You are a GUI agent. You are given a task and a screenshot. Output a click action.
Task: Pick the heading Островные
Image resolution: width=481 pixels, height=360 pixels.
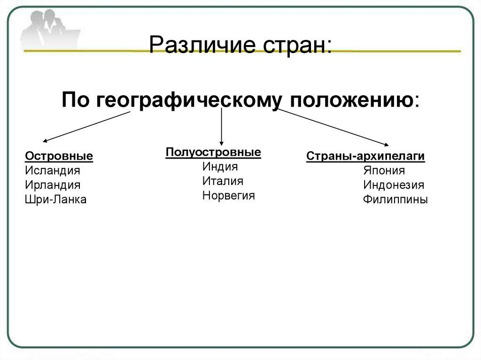click(x=59, y=156)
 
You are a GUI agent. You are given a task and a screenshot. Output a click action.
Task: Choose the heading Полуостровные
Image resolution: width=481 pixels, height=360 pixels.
click(x=213, y=153)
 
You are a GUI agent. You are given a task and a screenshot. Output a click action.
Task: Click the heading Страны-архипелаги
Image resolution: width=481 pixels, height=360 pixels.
click(x=365, y=156)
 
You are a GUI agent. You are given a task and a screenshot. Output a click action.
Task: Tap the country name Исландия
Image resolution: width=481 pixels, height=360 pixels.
click(x=53, y=171)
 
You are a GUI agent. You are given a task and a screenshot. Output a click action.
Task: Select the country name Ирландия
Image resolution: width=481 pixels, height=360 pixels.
click(x=53, y=185)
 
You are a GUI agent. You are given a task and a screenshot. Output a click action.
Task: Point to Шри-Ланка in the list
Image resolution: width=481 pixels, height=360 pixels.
click(x=56, y=200)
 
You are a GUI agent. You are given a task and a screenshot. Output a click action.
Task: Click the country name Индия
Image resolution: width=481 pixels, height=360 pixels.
click(x=220, y=167)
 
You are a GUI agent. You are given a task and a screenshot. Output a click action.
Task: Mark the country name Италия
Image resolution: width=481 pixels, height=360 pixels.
click(x=223, y=181)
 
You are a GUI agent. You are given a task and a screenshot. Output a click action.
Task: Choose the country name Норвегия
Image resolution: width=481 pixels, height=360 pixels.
click(x=229, y=196)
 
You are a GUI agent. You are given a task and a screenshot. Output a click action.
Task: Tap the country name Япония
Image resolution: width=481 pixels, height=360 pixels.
click(x=384, y=170)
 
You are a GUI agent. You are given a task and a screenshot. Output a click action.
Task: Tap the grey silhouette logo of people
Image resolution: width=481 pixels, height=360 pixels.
click(x=45, y=28)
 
